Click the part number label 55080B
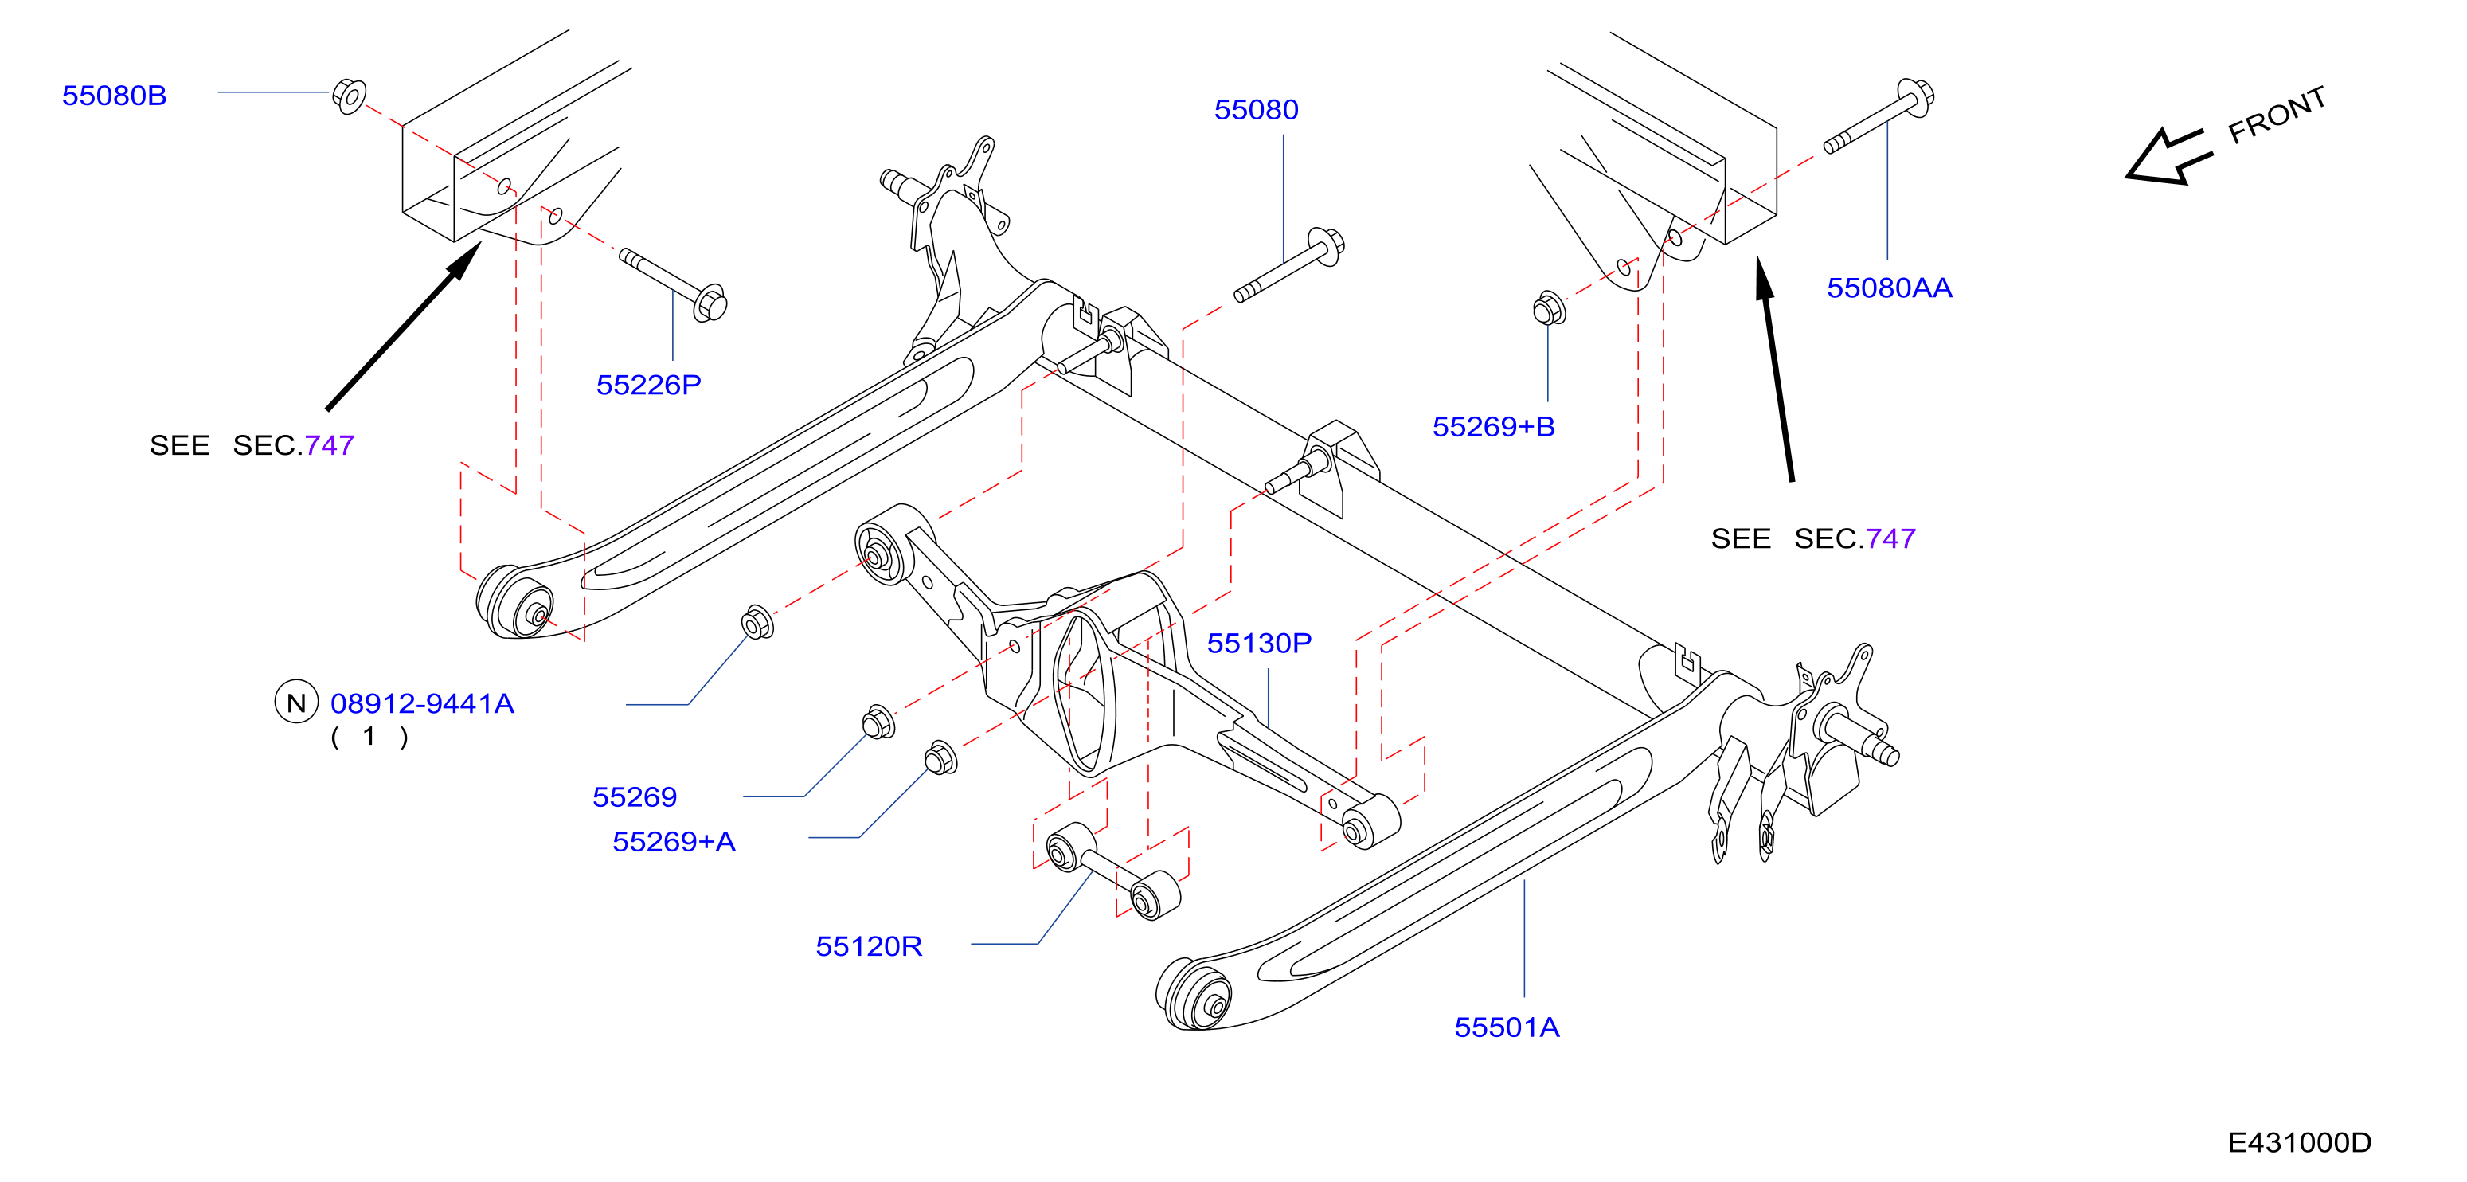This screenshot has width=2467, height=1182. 114,96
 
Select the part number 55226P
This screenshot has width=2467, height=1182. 648,385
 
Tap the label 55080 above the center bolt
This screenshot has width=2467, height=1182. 1256,110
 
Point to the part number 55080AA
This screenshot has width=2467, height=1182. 1889,288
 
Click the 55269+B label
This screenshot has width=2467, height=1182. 1493,427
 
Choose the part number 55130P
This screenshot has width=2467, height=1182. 1258,644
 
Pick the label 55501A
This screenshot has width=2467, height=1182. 1507,1027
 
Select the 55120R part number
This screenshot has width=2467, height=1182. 869,946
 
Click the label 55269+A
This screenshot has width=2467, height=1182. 673,842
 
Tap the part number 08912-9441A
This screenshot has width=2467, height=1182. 422,704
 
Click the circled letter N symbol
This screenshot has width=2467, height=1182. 296,703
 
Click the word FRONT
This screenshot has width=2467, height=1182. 2277,115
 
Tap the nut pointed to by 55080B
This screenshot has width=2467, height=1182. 350,96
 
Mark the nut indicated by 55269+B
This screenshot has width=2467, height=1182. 1549,308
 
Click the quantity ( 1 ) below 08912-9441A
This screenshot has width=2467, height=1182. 369,738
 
